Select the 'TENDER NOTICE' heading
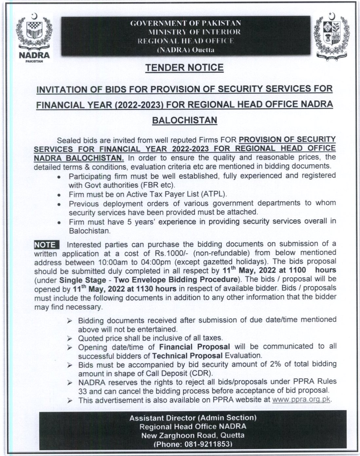pyautogui.click(x=184, y=68)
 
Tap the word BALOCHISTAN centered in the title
pyautogui.click(x=184, y=120)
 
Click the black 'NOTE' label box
pyautogui.click(x=46, y=245)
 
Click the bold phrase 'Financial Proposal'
pyautogui.click(x=195, y=347)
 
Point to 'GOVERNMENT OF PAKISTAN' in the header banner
pyautogui.click(x=186, y=23)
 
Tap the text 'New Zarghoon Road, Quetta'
pyautogui.click(x=193, y=435)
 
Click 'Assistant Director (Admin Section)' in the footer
pyautogui.click(x=193, y=418)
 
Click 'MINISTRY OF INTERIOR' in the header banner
pyautogui.click(x=194, y=32)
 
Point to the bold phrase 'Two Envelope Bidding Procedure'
pyautogui.click(x=176, y=280)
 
